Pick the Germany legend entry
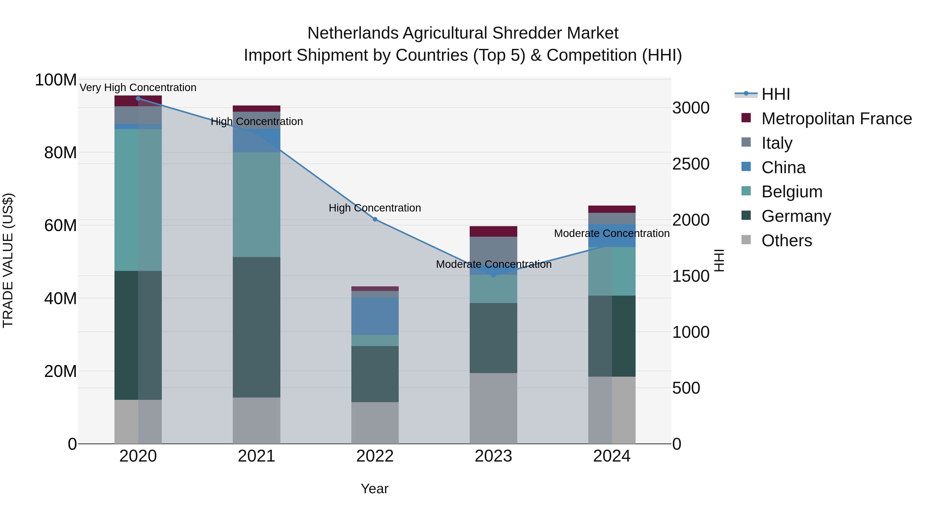(796, 216)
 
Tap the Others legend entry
(787, 241)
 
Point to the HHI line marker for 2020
(138, 99)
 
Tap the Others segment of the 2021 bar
(256, 420)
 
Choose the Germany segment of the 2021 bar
(256, 327)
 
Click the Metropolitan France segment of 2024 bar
(612, 209)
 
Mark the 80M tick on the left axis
(60, 153)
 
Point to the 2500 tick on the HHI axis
(691, 164)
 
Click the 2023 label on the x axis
(493, 456)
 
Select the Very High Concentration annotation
(138, 88)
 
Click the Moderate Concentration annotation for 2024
(612, 233)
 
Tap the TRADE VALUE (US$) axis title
(8, 260)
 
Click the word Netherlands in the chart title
(353, 33)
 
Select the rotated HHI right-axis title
(719, 260)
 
